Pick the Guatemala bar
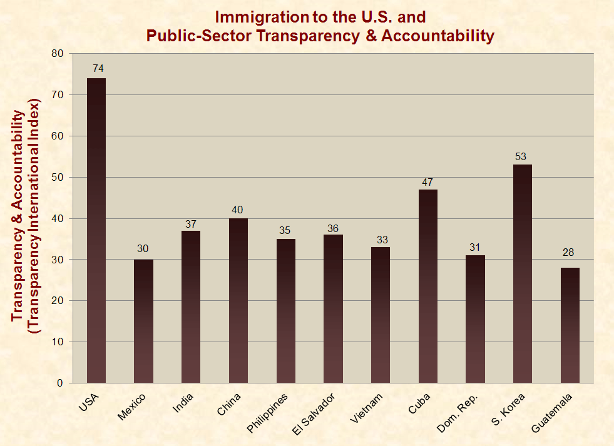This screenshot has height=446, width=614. point(570,325)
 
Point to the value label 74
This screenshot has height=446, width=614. point(97,68)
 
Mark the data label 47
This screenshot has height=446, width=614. point(427,181)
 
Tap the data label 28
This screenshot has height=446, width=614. point(569,253)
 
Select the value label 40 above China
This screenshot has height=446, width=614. point(238,210)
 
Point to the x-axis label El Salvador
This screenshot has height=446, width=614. point(315,413)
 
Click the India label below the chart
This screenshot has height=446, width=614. point(183,403)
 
